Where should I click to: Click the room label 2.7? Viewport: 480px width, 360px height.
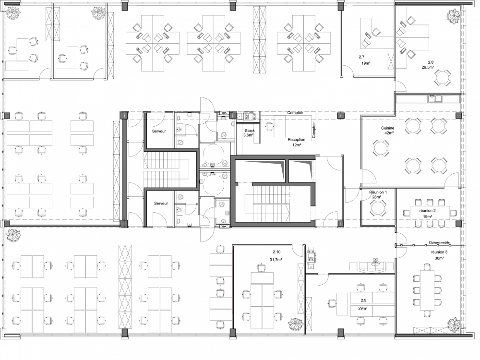pos(361,57)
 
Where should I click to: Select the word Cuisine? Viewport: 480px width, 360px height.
pos(388,129)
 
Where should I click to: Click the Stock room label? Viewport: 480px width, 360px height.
pos(250,131)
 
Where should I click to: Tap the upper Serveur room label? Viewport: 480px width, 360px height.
pos(159,131)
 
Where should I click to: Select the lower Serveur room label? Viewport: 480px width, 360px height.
pos(161,204)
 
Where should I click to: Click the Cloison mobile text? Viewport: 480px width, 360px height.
pos(439,243)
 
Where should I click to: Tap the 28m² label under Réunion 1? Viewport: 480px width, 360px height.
pos(375,197)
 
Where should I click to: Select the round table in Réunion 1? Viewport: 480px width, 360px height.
pos(378,209)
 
